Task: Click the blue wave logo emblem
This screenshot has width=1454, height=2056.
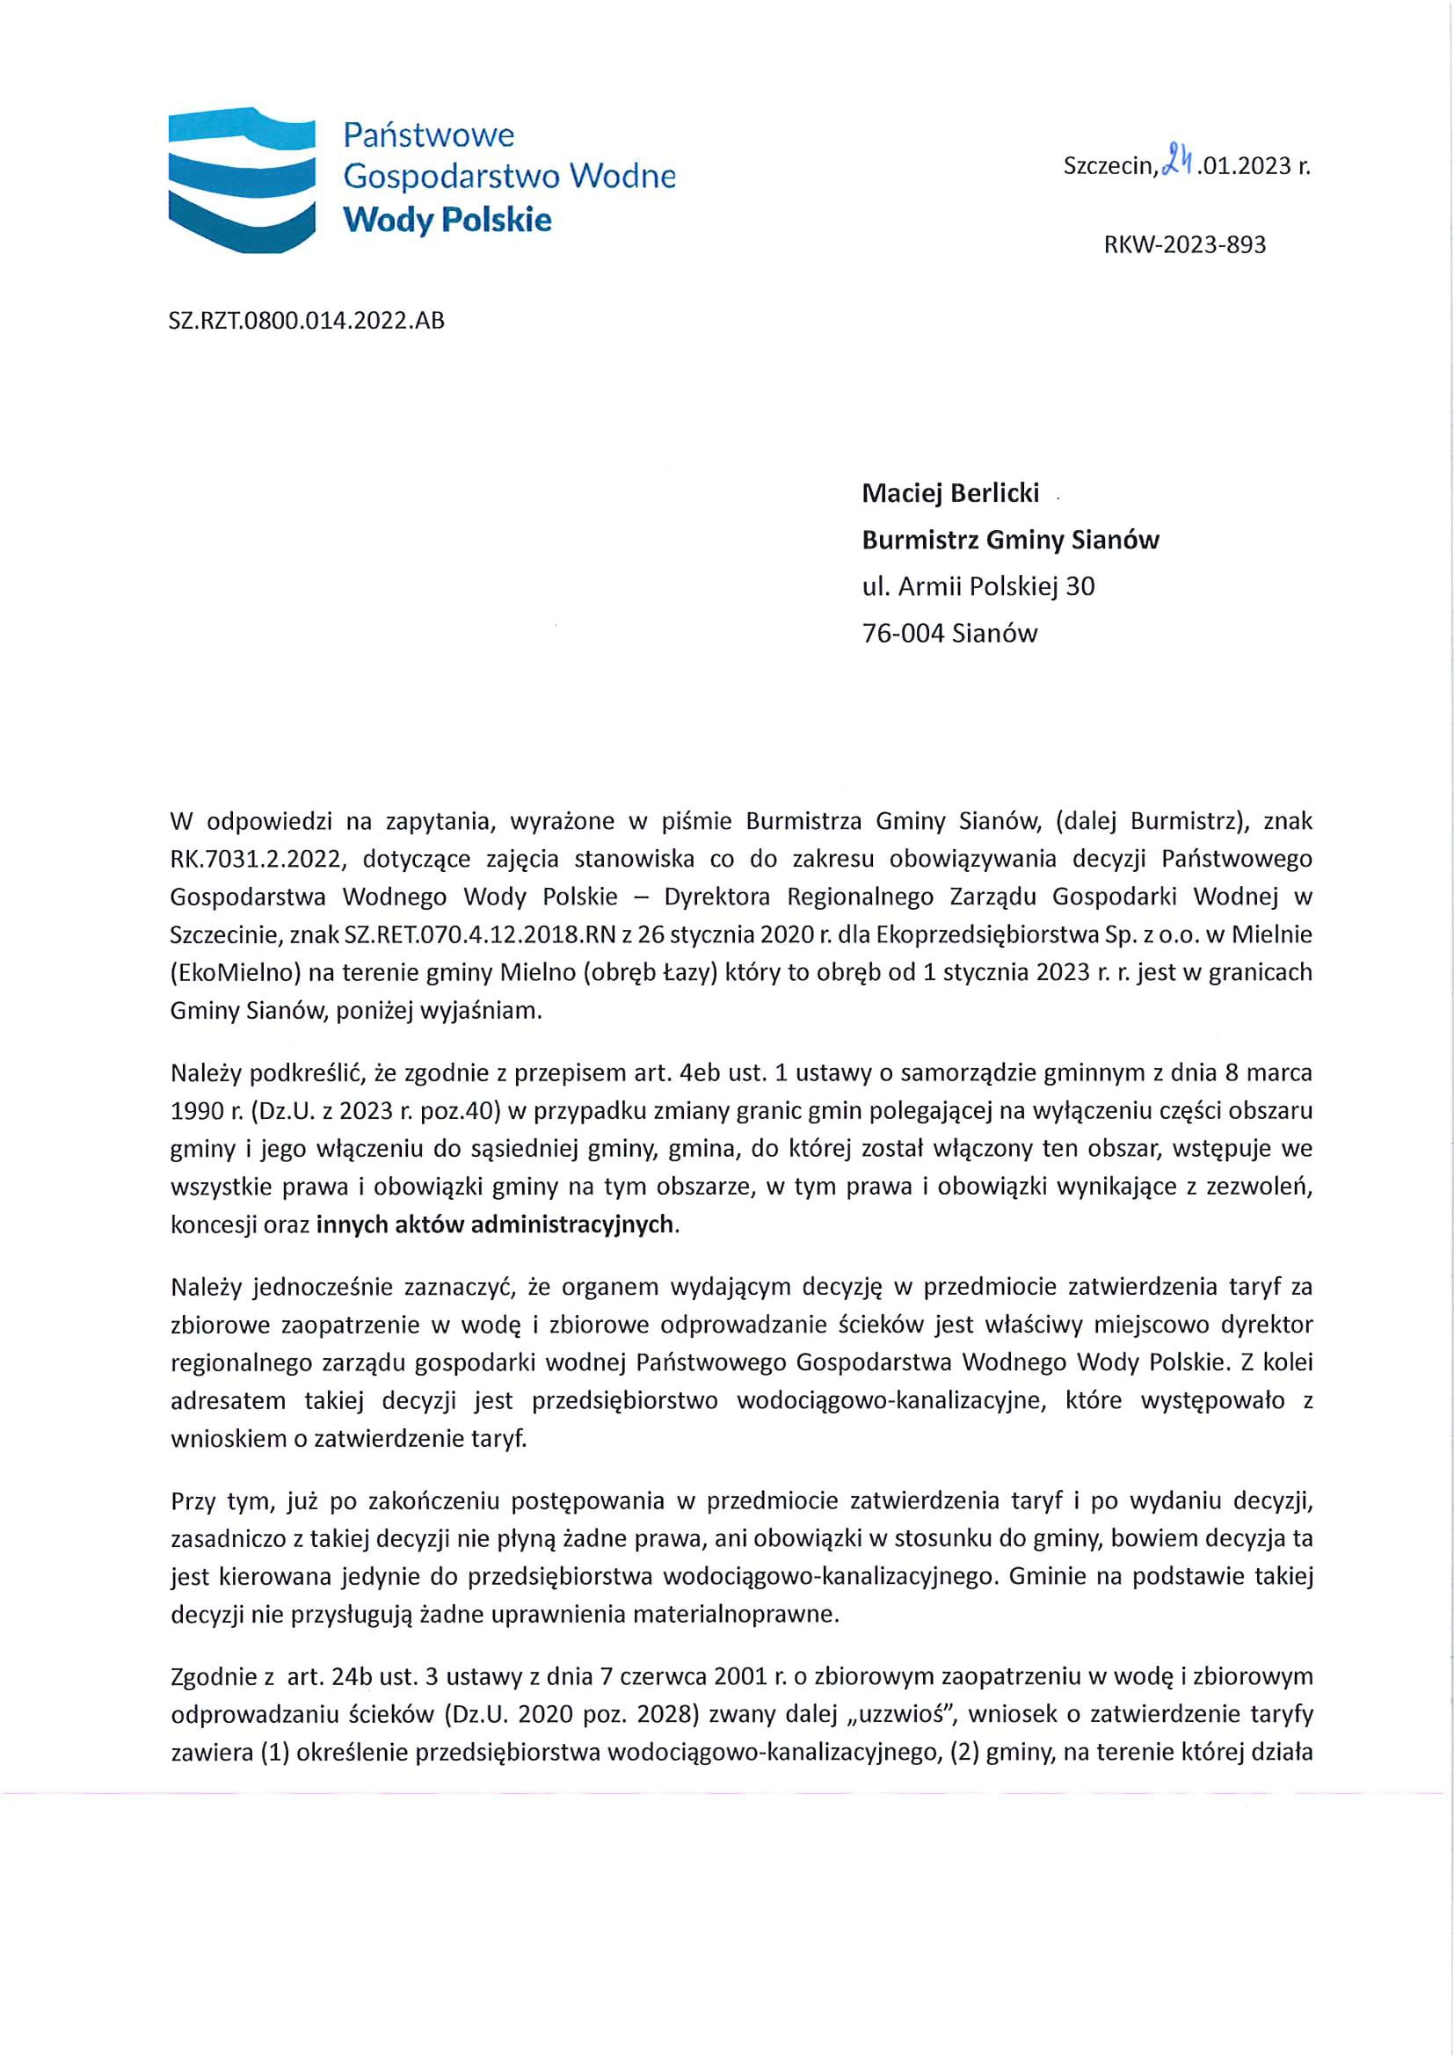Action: point(242,179)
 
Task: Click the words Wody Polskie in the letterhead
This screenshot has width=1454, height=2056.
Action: point(447,220)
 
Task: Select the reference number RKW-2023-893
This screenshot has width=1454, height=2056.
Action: point(1184,244)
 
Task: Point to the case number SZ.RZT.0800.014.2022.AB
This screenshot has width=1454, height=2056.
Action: point(306,320)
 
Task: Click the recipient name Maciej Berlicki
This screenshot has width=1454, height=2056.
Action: point(950,492)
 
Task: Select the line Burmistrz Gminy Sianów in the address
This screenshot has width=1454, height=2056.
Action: point(1010,539)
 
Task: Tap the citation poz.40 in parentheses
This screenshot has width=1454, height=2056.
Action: point(470,1110)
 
